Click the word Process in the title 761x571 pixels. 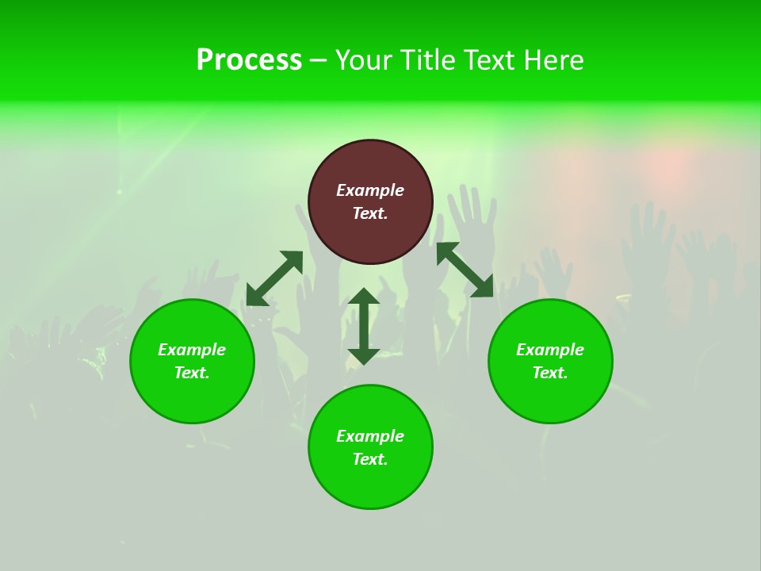click(x=249, y=60)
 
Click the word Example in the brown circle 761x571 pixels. click(x=370, y=190)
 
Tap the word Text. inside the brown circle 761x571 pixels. click(x=370, y=213)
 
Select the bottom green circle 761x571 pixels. click(x=370, y=484)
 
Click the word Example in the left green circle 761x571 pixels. click(x=192, y=350)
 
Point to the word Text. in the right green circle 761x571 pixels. click(x=550, y=373)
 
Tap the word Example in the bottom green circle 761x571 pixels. click(x=370, y=436)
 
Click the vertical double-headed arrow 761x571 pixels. click(x=364, y=326)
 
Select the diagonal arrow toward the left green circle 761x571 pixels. click(x=274, y=278)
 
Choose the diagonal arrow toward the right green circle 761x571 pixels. click(x=465, y=270)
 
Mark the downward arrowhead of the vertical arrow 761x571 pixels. click(x=364, y=354)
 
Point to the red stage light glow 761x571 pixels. click(x=666, y=163)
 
